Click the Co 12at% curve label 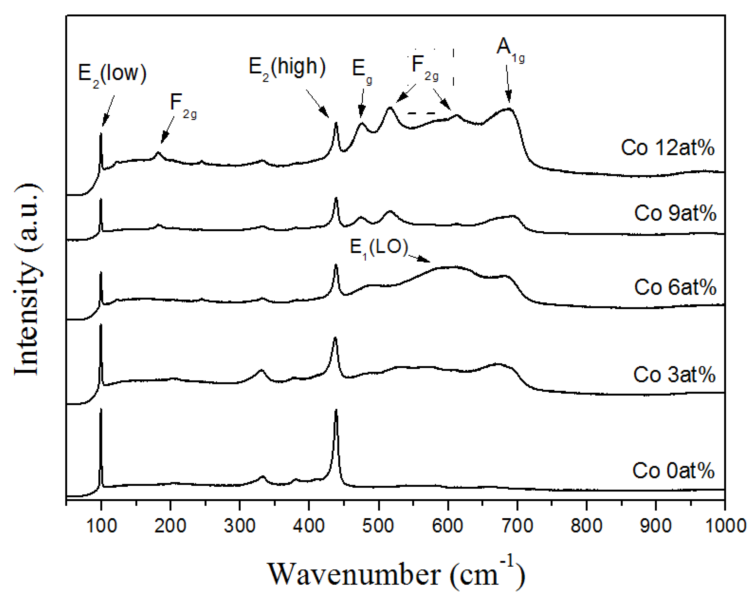(x=667, y=148)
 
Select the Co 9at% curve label (x=675, y=213)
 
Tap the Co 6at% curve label (x=675, y=287)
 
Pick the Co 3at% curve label (x=674, y=375)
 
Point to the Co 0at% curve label (x=673, y=470)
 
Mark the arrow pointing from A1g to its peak (x=508, y=84)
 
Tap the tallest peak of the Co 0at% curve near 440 (x=336, y=411)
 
